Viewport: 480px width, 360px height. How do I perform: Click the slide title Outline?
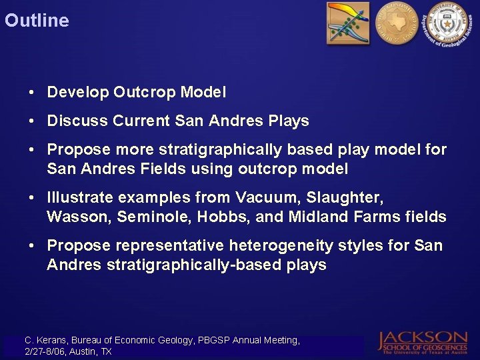pos(37,21)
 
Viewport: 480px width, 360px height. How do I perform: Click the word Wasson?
pos(73,217)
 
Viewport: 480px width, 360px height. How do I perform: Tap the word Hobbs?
pos(209,217)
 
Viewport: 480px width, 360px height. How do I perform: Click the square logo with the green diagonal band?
pos(347,23)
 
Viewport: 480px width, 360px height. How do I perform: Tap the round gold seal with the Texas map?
pos(395,23)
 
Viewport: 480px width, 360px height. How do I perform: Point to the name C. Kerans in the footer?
pos(44,340)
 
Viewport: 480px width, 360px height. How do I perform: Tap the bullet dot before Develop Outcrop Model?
pos(33,93)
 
